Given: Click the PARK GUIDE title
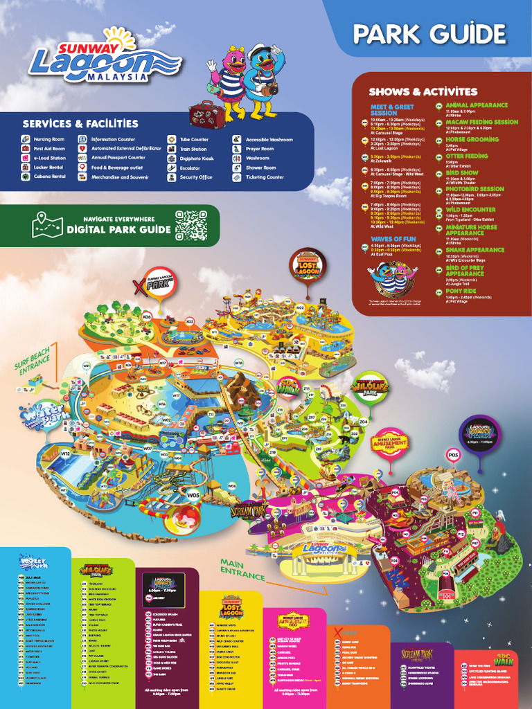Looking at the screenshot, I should [x=429, y=33].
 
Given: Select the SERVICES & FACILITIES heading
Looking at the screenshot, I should [x=80, y=124].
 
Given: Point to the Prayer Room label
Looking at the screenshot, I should [x=259, y=149].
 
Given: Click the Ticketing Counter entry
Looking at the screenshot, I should [x=265, y=177].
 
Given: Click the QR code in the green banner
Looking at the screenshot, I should [x=191, y=225].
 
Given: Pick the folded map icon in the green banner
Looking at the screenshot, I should [x=47, y=225].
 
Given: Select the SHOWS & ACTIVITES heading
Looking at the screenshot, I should [x=423, y=91].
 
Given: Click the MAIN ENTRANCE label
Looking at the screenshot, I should [x=242, y=569].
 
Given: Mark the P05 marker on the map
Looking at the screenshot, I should [x=453, y=455].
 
